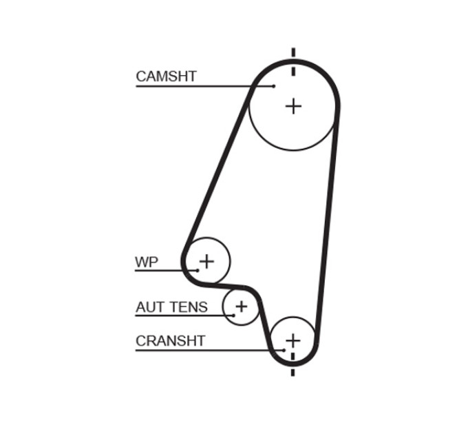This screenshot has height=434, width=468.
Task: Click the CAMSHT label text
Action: pyautogui.click(x=166, y=76)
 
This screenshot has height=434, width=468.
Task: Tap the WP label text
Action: pyautogui.click(x=146, y=262)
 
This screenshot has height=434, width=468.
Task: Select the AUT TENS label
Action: pyautogui.click(x=171, y=307)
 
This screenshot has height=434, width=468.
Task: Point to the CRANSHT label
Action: pyautogui.click(x=171, y=341)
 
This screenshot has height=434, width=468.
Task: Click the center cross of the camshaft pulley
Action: pyautogui.click(x=293, y=106)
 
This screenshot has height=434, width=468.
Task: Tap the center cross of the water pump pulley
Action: pyautogui.click(x=206, y=261)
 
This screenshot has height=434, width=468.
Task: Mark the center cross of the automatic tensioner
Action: pyautogui.click(x=242, y=307)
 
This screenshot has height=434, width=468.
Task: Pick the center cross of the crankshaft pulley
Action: pyautogui.click(x=292, y=340)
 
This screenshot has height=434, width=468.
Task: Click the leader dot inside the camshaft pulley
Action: pyautogui.click(x=274, y=86)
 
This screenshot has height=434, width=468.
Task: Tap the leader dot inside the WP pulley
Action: pyautogui.click(x=198, y=270)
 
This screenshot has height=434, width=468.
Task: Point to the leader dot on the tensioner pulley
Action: pyautogui.click(x=234, y=315)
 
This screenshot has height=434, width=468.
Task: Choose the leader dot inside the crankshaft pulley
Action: pyautogui.click(x=284, y=350)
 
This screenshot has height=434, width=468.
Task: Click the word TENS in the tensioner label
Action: pyautogui.click(x=189, y=307)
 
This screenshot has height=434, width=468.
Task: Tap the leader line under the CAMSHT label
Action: pyautogui.click(x=205, y=86)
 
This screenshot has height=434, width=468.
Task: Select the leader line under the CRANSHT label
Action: pyautogui.click(x=210, y=350)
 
